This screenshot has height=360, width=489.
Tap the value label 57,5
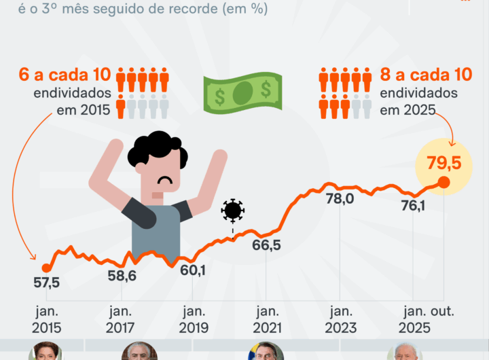46,283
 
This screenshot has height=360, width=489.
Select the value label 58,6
122,276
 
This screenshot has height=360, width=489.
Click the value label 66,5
266,245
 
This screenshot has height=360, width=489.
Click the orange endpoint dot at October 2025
443,182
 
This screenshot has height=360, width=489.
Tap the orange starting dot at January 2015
46,268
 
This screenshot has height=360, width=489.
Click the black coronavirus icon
233,211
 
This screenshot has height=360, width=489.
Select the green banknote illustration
242,92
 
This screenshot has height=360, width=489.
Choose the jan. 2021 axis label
266,319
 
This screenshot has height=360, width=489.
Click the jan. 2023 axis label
339,319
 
